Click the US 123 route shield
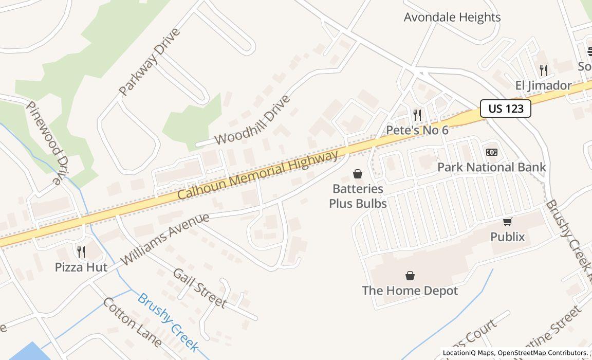pyautogui.click(x=505, y=109)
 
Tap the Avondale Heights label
pyautogui.click(x=452, y=17)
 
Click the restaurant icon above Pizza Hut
pyautogui.click(x=81, y=251)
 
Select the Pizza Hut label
pyautogui.click(x=81, y=267)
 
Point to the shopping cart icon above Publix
pyautogui.click(x=508, y=222)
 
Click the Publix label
pyautogui.click(x=508, y=237)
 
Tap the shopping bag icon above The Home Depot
pyautogui.click(x=410, y=276)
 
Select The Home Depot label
pyautogui.click(x=410, y=291)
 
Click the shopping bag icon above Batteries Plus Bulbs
pyautogui.click(x=358, y=174)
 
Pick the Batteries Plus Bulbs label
pyautogui.click(x=358, y=196)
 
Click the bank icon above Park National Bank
pyautogui.click(x=492, y=152)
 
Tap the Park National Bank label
pyautogui.click(x=491, y=167)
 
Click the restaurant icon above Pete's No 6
pyautogui.click(x=417, y=115)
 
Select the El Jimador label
pyautogui.click(x=543, y=85)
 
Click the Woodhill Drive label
pyautogui.click(x=252, y=120)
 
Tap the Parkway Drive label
pyautogui.click(x=150, y=62)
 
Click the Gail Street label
pyautogui.click(x=199, y=288)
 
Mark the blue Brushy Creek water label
pyautogui.click(x=168, y=322)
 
